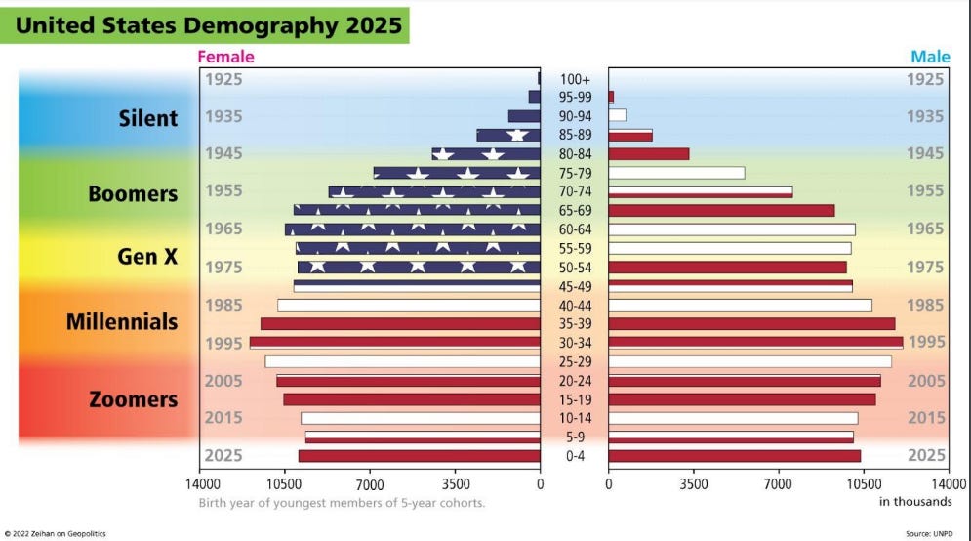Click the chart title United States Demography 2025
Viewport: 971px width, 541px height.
click(209, 24)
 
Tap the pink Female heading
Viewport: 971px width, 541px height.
click(225, 57)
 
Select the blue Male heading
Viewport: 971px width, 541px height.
click(929, 57)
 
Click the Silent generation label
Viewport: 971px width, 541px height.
click(148, 118)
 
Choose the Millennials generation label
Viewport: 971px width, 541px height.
click(122, 321)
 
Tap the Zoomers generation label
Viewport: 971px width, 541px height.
click(134, 399)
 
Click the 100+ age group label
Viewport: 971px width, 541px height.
click(574, 78)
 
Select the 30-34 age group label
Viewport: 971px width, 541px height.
click(574, 343)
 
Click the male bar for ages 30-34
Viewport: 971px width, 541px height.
click(755, 343)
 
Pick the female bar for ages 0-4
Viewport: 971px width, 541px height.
click(419, 456)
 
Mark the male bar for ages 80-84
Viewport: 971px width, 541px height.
click(649, 154)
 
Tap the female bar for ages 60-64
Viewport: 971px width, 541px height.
click(412, 229)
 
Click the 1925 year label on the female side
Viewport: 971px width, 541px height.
click(224, 79)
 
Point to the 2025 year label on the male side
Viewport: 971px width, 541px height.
click(926, 456)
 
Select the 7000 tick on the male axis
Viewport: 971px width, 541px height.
click(778, 482)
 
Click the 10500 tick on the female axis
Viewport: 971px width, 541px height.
click(285, 482)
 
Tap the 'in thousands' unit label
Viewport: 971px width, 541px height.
click(915, 502)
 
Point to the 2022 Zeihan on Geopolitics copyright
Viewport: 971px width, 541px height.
click(56, 533)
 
